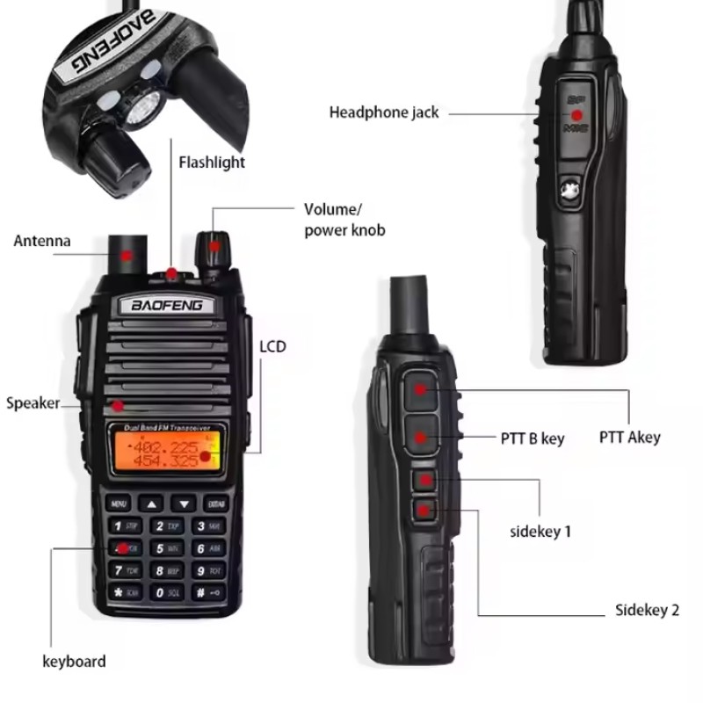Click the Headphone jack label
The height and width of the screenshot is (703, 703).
tap(383, 112)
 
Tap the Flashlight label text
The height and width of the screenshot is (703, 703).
tap(212, 162)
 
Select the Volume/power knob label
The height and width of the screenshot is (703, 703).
tap(344, 220)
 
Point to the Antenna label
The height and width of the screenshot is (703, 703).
tap(42, 241)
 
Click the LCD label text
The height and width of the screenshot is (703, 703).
tap(272, 347)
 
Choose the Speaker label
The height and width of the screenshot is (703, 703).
tap(33, 403)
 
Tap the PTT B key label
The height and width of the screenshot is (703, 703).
tap(533, 438)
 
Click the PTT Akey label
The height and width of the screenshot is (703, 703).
tap(629, 437)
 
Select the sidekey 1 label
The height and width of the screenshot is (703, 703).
tap(540, 531)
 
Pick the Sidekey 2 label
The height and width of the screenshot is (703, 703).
tap(647, 611)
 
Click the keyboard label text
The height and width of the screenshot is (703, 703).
tap(75, 662)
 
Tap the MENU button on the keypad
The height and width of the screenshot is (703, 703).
tap(119, 504)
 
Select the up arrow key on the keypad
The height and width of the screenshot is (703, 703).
tap(153, 504)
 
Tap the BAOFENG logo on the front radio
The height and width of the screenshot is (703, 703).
tap(167, 306)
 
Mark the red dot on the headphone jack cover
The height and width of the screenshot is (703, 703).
tap(577, 115)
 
